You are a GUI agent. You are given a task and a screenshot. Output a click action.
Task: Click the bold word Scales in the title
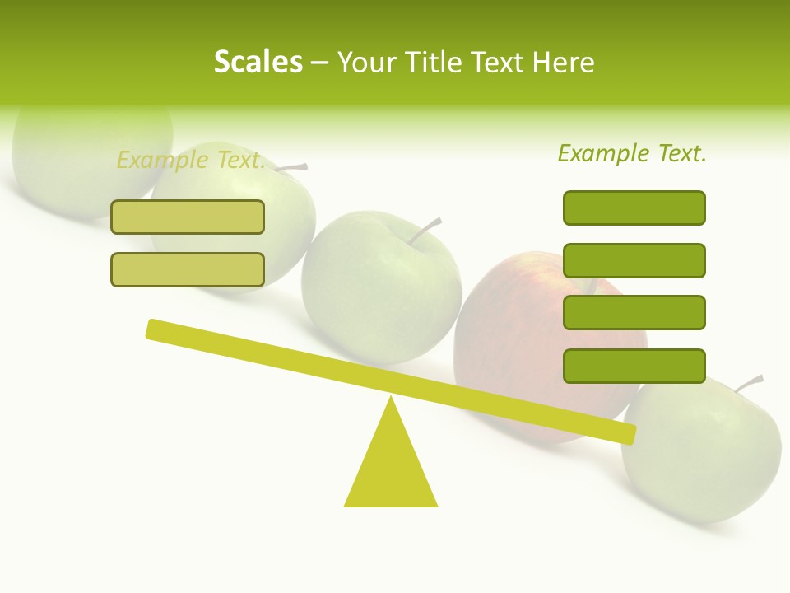(x=258, y=63)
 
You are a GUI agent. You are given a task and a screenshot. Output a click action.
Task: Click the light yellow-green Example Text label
(x=191, y=160)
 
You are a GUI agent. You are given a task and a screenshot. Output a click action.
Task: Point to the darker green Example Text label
(x=632, y=153)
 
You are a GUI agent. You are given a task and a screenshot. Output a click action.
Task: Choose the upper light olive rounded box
(x=188, y=217)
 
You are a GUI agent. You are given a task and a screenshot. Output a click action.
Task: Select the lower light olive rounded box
(x=188, y=270)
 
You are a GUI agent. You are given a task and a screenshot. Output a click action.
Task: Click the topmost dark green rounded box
(x=634, y=208)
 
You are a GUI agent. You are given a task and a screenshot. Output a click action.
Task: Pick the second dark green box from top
(x=634, y=260)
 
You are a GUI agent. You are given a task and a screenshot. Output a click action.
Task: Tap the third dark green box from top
(x=634, y=313)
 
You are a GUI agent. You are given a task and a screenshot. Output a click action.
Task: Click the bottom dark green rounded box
(x=634, y=366)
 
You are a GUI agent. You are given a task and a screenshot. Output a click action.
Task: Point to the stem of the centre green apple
(x=425, y=231)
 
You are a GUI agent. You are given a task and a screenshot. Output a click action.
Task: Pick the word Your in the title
(x=368, y=63)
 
